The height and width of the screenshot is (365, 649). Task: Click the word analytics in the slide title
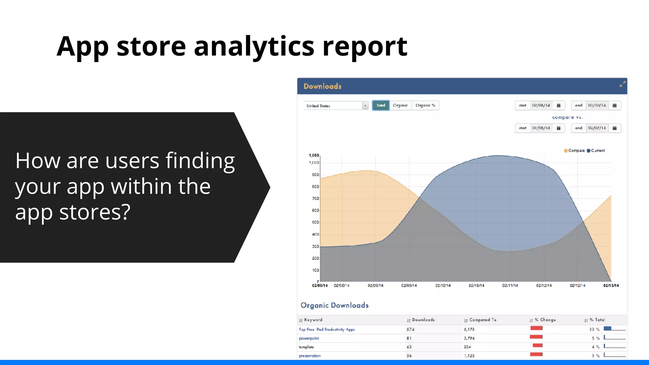click(254, 47)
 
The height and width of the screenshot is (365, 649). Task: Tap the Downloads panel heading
click(322, 86)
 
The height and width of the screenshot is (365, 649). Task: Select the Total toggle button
click(381, 106)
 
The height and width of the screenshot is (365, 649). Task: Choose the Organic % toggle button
click(425, 106)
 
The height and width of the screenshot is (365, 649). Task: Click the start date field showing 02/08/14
click(541, 106)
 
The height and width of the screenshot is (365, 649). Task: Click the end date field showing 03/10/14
click(597, 106)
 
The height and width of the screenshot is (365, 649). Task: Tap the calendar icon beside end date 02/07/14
click(614, 128)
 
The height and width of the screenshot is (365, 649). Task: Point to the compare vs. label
click(567, 117)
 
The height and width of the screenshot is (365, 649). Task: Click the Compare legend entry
click(574, 151)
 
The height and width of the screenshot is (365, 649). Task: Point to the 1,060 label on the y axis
click(314, 156)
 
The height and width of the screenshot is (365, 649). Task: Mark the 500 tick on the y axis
click(315, 222)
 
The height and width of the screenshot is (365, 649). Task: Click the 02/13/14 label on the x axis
click(611, 286)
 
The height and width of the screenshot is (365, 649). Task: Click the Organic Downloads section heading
click(334, 305)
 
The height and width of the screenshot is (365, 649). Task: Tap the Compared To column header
click(483, 320)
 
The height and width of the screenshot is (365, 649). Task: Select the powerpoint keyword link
click(309, 338)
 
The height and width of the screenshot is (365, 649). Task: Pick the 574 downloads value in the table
click(410, 330)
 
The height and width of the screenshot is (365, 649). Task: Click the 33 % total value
click(594, 330)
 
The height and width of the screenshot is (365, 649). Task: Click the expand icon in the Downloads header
click(622, 84)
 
